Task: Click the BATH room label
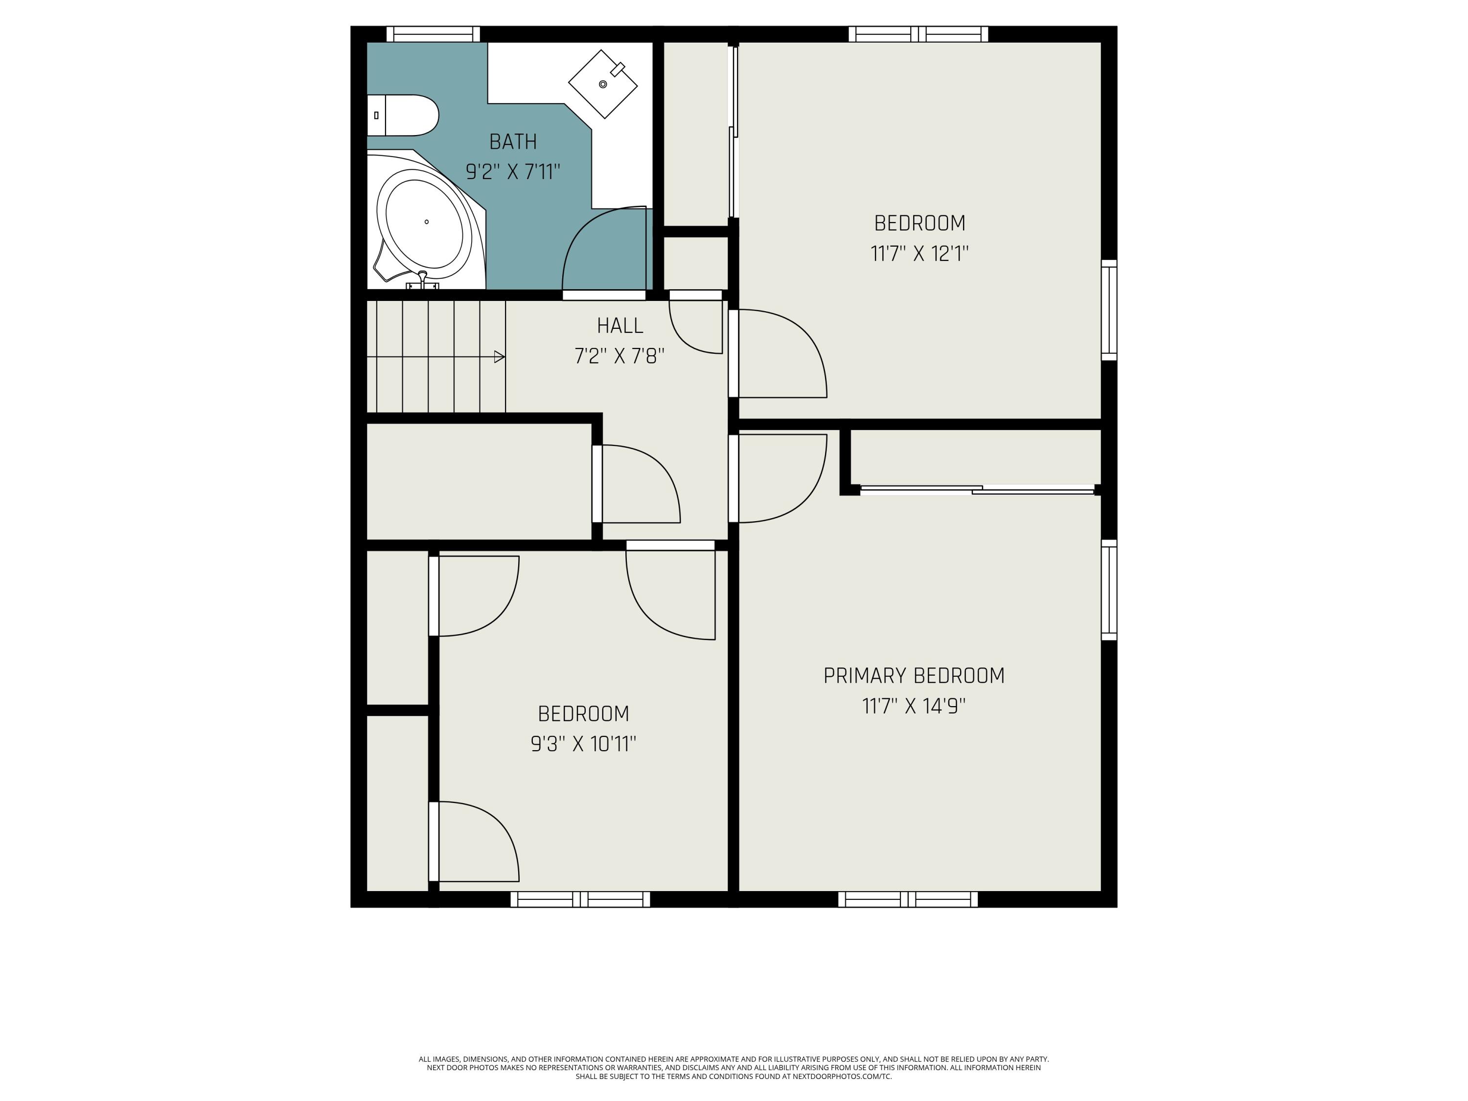512,141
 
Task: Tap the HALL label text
620,326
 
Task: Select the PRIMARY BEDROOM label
914,676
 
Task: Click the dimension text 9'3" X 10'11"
583,744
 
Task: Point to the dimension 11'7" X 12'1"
919,253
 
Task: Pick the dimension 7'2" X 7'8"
619,356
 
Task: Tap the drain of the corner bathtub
426,222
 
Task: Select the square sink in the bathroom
602,84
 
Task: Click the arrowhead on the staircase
500,357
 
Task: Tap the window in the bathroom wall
433,34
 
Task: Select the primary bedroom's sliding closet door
977,490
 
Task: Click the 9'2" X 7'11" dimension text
512,172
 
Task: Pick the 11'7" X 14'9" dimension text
914,706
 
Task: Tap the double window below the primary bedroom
908,899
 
